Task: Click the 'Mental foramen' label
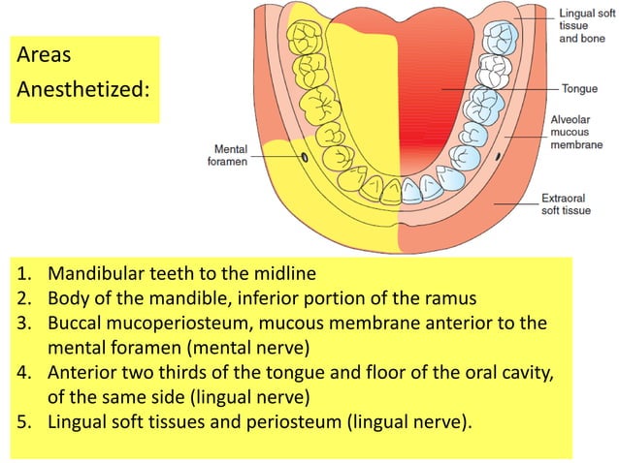228,155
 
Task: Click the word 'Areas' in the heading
44,55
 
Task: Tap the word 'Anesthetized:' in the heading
83,89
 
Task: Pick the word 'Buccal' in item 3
78,322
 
